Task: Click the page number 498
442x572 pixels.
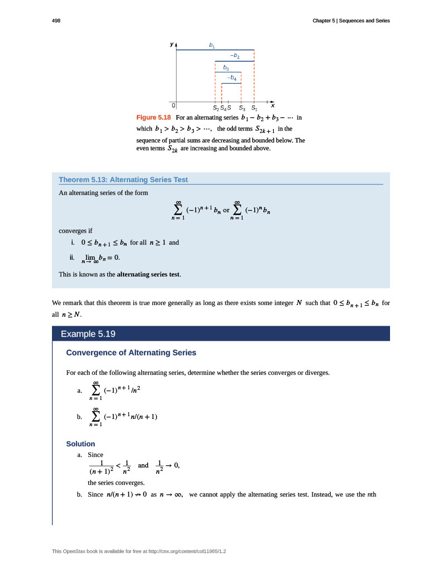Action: pos(56,21)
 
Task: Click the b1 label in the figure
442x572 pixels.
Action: pos(212,44)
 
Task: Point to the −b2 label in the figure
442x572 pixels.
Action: pos(235,56)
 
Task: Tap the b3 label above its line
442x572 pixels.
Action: pos(226,68)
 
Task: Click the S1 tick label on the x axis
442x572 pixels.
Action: pos(254,108)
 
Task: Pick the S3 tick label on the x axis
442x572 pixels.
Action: pos(241,108)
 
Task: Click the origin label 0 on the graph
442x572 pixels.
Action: pos(173,105)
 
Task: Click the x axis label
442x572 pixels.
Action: pos(273,105)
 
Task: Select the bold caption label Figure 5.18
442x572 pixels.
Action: pos(154,118)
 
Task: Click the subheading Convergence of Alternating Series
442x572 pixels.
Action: pos(131,352)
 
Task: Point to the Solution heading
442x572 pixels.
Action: pos(80,444)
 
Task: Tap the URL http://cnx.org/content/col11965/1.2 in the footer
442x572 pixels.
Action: pos(189,552)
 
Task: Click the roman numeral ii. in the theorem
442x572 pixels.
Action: pos(71,258)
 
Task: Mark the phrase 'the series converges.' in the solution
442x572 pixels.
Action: pos(116,483)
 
